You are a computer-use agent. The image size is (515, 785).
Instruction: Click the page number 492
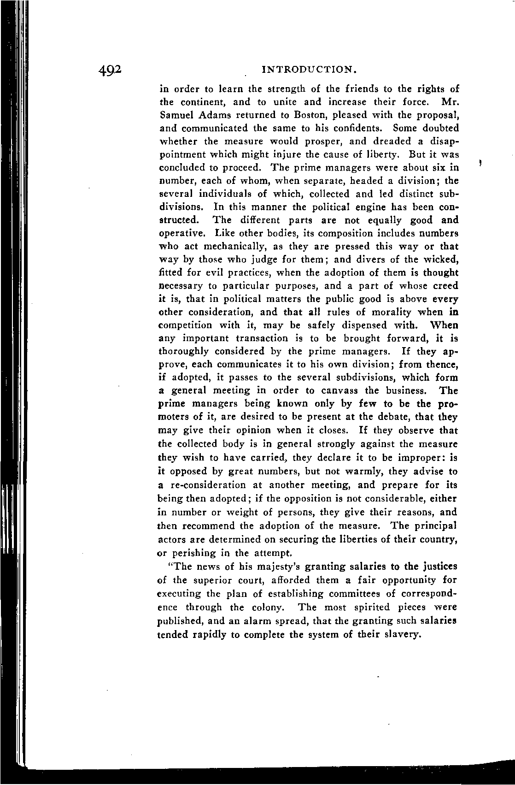(109, 69)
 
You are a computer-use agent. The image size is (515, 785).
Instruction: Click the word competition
(188, 325)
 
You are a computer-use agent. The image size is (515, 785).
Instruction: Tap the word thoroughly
(186, 351)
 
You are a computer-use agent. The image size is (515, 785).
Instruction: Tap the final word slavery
(402, 634)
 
